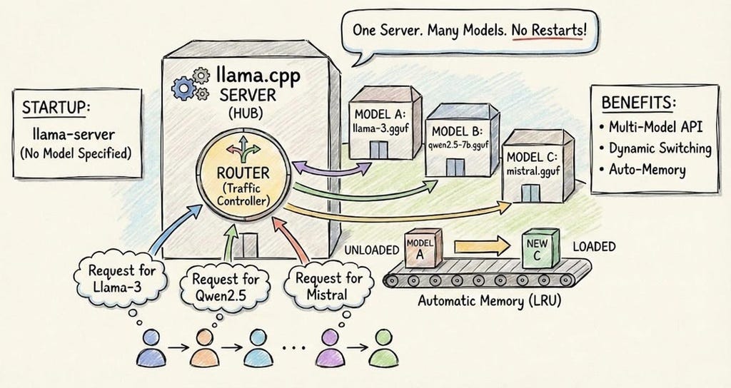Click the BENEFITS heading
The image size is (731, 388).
point(638,102)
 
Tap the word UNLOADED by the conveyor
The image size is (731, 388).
point(371,250)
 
